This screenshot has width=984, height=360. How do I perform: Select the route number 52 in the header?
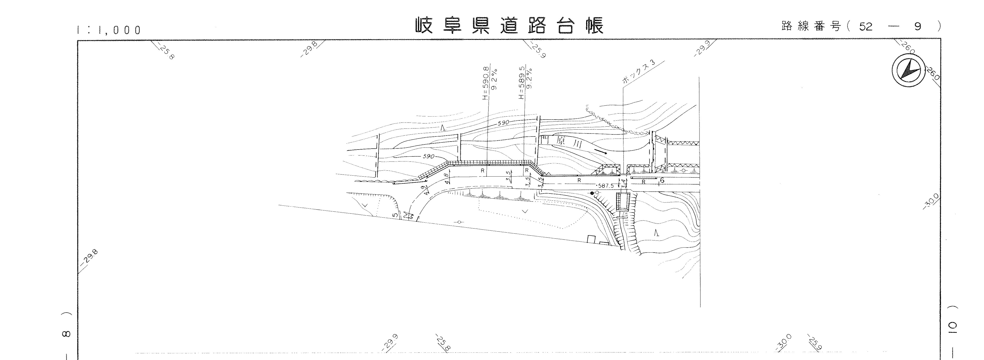pos(866,27)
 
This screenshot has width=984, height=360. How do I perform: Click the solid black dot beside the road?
pos(592,193)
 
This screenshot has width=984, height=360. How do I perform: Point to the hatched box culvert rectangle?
pos(623,202)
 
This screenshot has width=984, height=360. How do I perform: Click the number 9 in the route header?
pos(918,27)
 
